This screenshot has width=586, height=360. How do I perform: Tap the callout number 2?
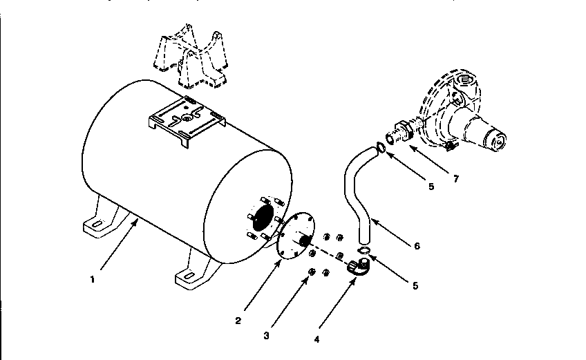coord(238,320)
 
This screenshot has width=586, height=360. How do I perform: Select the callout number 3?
coord(267,335)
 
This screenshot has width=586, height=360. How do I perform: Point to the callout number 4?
coord(317,339)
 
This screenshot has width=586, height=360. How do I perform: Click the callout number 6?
coord(416,245)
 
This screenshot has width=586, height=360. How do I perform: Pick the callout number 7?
coord(455,179)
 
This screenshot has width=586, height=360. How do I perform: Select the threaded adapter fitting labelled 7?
coord(399,133)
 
